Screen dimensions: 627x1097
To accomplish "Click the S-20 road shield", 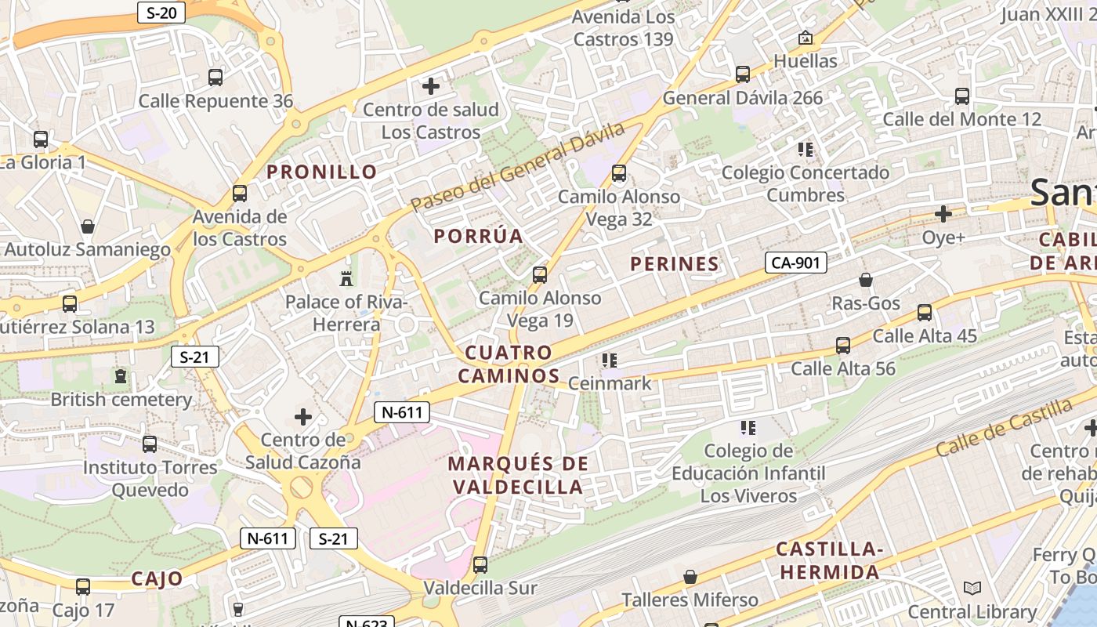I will point(161,13).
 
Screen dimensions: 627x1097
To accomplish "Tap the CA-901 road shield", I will point(796,263).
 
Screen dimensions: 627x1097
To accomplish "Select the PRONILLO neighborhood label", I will point(322,172).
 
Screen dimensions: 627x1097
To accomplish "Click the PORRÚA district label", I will point(478,236).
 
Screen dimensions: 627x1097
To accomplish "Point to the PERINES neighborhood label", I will point(675,264).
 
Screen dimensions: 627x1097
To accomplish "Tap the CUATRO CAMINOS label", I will point(509,364).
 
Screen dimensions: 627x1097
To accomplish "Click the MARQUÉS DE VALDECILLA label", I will point(517,475).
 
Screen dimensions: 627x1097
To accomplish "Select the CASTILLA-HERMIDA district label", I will point(829,560).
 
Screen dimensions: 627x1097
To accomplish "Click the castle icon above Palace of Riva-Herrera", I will point(346,278).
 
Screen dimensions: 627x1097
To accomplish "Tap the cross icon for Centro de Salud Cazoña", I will point(303,417).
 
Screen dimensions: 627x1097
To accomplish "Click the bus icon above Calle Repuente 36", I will point(215,78).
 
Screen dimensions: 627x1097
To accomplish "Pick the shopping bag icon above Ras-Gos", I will point(866,280).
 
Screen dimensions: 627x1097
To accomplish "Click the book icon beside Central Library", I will point(972,589).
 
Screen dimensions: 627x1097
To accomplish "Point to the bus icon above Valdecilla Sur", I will point(480,564).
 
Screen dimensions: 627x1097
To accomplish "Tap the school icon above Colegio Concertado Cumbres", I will point(806,149).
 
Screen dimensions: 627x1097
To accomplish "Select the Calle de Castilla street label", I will point(1004,427).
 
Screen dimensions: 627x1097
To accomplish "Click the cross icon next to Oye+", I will point(943,213).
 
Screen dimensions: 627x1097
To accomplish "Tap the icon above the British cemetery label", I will point(121,376).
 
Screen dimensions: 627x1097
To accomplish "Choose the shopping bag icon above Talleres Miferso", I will point(690,577).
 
